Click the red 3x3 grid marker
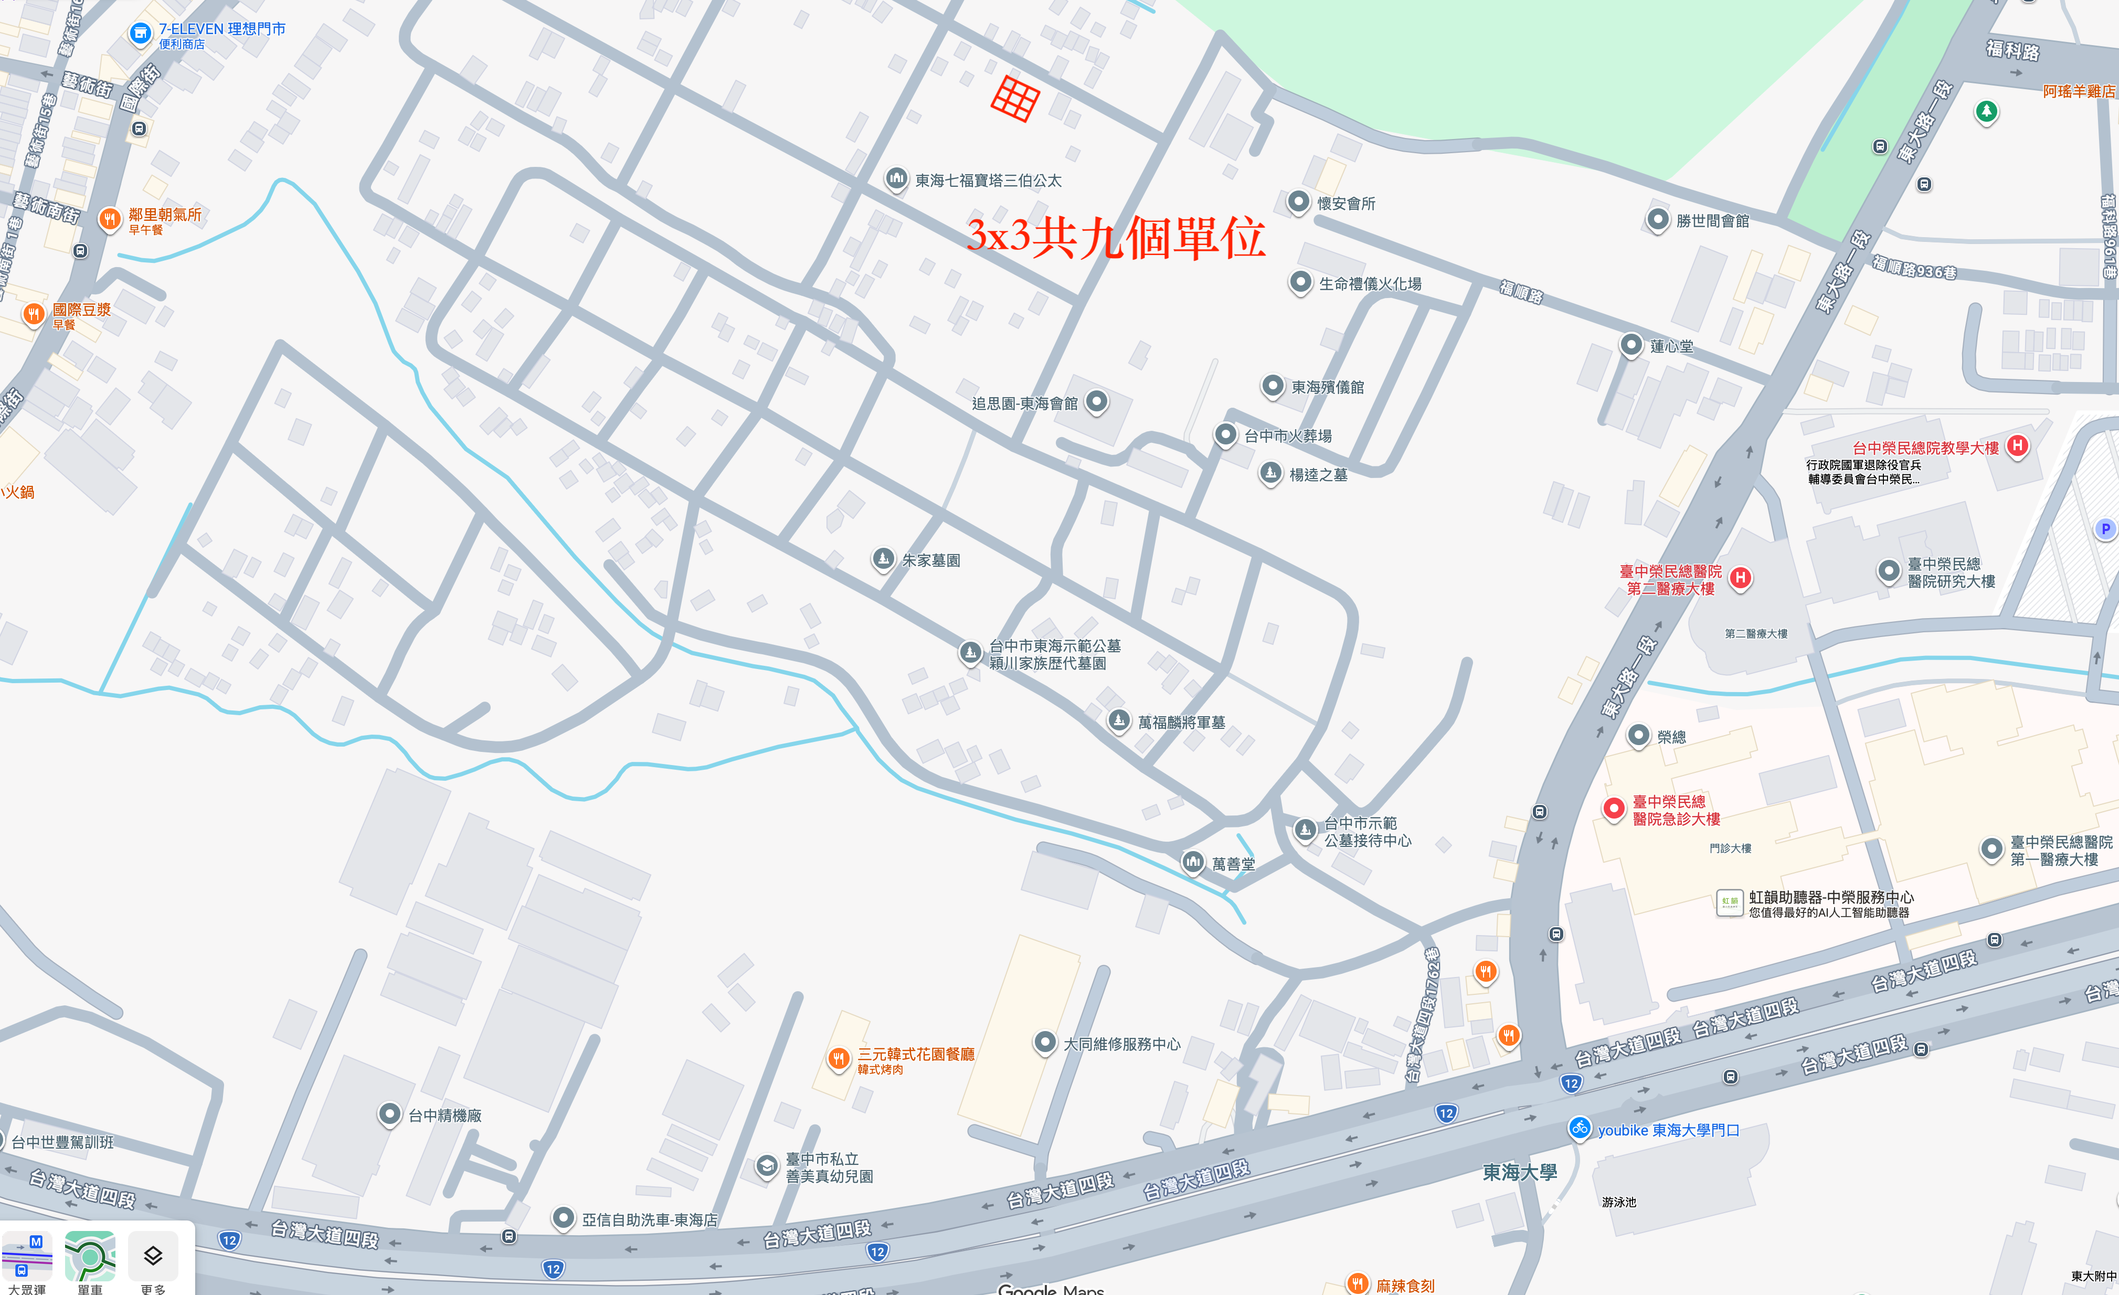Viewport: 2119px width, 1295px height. pos(1015,98)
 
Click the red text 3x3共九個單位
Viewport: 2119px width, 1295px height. pos(1116,237)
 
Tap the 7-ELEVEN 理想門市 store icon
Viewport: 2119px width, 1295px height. pos(139,34)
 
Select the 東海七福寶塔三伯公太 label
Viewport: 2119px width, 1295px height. pos(987,181)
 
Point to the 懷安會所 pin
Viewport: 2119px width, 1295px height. pos(1298,202)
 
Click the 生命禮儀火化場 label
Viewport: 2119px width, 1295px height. pos(1370,284)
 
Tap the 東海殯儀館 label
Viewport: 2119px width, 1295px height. pos(1327,387)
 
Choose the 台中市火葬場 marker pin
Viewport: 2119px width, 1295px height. pos(1225,434)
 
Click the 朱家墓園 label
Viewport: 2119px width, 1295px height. pos(930,560)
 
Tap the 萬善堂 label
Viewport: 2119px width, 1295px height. pos(1233,864)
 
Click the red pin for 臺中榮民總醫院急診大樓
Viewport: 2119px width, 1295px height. pos(1613,808)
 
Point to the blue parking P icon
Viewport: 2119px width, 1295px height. pos(2104,529)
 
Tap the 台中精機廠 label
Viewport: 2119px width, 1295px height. pos(444,1115)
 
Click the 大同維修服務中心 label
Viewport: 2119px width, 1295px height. pos(1121,1044)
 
